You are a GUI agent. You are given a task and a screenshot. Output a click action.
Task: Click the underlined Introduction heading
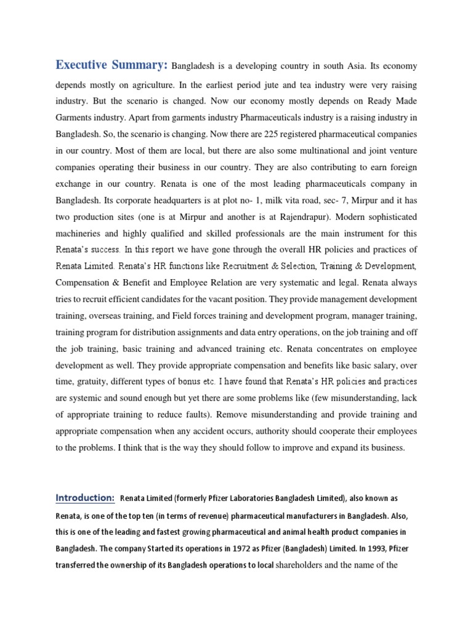(x=85, y=497)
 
